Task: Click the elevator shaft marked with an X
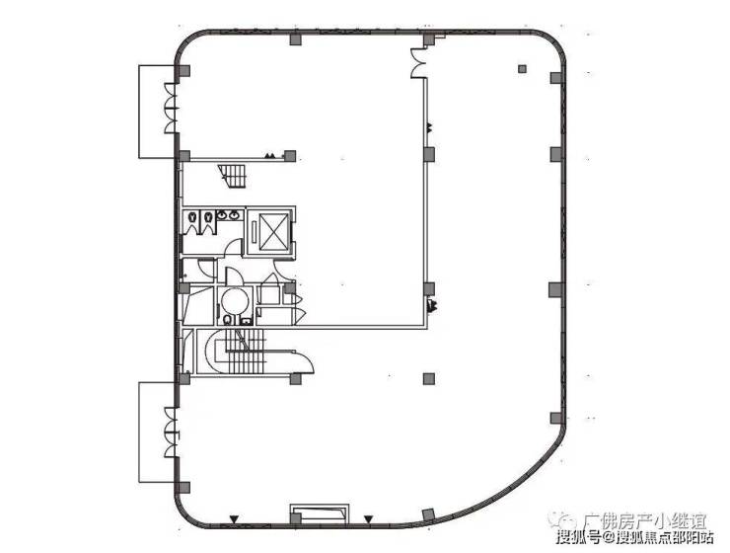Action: [269, 233]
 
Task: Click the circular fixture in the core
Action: [235, 300]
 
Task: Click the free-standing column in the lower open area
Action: [427, 377]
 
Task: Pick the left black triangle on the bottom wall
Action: [234, 519]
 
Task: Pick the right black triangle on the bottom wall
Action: [368, 519]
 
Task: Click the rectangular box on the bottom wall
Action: [320, 514]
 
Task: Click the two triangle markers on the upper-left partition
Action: [270, 155]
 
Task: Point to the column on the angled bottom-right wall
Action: [428, 514]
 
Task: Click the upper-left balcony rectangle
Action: [156, 111]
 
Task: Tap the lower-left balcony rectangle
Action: [156, 431]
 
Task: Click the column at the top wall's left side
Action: [295, 39]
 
